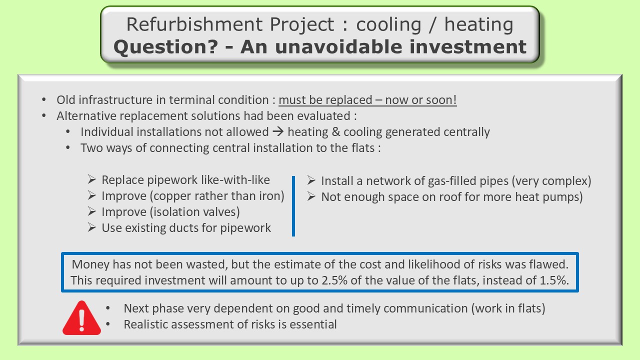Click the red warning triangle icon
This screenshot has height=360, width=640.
(81, 318)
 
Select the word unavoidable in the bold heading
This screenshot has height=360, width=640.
(338, 46)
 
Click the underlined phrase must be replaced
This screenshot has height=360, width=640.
(325, 100)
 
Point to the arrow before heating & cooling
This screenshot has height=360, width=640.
(278, 131)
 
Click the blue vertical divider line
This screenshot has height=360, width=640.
(293, 206)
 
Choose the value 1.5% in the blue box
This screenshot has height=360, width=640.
(554, 280)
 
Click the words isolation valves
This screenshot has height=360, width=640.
(194, 212)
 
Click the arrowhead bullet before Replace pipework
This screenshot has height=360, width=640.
(91, 179)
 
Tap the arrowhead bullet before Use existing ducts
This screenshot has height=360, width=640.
(91, 227)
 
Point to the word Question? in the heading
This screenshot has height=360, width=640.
(165, 47)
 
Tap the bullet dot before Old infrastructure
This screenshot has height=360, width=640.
(43, 99)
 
